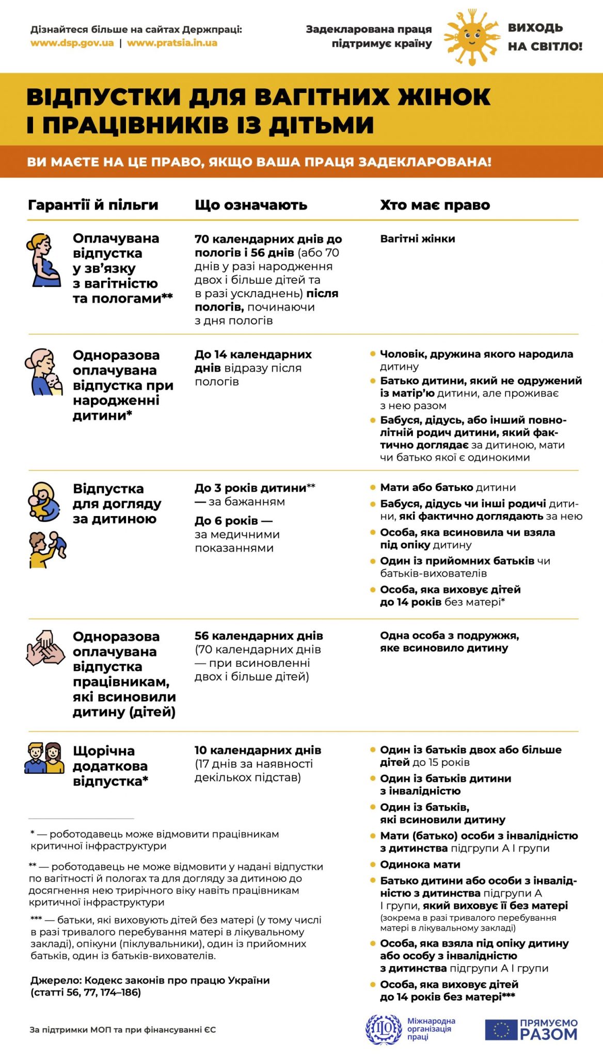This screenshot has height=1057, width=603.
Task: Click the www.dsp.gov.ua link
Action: [x=72, y=43]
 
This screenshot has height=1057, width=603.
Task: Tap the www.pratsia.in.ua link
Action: [x=172, y=43]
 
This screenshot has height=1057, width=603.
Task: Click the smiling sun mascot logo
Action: [x=471, y=37]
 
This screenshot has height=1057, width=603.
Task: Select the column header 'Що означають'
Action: [x=251, y=205]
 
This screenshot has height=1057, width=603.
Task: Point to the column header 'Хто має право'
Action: [x=435, y=205]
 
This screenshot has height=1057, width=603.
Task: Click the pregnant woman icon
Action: [x=45, y=261]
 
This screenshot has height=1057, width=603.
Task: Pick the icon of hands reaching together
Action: [x=45, y=648]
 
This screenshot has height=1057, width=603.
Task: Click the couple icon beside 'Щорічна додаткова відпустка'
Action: [x=44, y=758]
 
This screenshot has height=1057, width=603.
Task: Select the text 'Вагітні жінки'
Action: [x=417, y=238]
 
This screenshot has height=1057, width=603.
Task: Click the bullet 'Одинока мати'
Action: [x=420, y=864]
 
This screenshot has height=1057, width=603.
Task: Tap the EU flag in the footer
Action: [x=500, y=1029]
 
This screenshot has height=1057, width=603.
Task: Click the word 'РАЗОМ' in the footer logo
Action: [x=548, y=1034]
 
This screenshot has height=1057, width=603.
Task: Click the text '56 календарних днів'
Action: [x=259, y=636]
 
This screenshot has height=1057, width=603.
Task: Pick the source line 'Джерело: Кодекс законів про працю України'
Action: [x=150, y=980]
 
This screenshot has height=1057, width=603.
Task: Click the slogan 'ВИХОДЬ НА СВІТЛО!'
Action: [x=545, y=37]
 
